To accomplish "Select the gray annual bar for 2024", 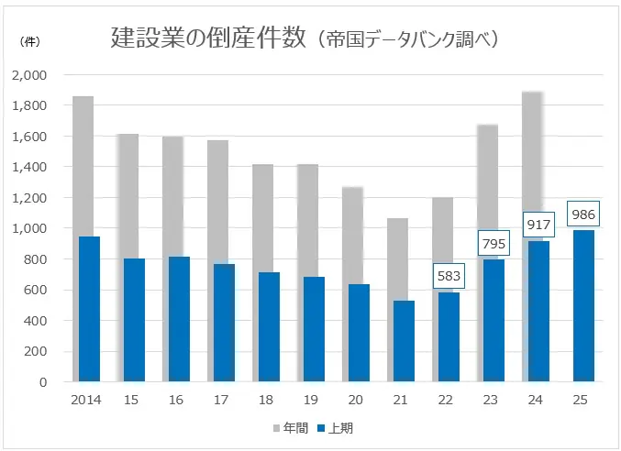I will click(x=534, y=165).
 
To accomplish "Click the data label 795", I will click(x=493, y=244).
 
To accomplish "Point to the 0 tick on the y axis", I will click(x=43, y=382).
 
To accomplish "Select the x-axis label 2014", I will click(x=86, y=400).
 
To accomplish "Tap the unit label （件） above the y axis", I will click(x=28, y=43).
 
